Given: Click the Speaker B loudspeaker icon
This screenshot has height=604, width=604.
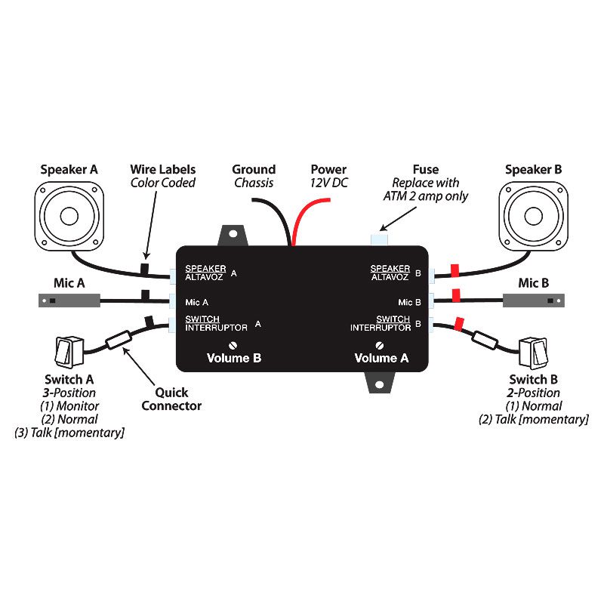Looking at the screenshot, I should tap(534, 217).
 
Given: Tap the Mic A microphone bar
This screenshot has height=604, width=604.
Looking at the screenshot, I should tap(68, 301).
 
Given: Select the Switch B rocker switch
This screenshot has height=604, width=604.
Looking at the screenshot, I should tap(534, 352).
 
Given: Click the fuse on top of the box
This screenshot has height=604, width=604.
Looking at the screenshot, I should tap(378, 239).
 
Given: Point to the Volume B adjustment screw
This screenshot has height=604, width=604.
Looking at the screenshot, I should tap(234, 346).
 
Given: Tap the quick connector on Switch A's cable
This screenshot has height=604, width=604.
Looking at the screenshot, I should tap(121, 341).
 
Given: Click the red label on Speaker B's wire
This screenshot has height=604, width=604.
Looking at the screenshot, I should tap(455, 270).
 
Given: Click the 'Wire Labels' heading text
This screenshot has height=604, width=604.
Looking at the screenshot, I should tap(163, 169).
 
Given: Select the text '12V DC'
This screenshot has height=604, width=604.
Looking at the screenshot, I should tap(329, 183).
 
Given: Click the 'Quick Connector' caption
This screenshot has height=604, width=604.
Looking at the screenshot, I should tap(178, 399).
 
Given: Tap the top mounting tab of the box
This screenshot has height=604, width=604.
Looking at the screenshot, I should tap(233, 235).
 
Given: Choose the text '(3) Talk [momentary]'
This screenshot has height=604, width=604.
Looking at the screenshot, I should tap(69, 433).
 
